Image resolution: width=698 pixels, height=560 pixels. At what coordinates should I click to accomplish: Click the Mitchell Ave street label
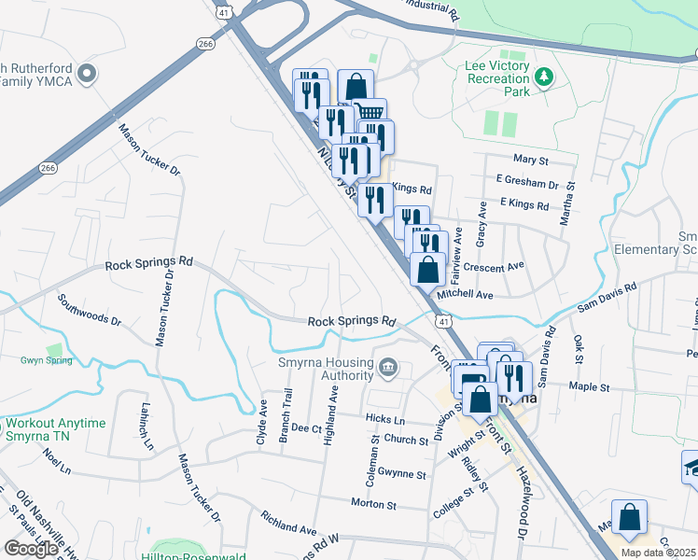465,294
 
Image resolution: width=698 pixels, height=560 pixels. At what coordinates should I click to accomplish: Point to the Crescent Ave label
495,268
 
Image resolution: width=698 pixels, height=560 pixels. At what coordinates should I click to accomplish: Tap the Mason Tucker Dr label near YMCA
147,149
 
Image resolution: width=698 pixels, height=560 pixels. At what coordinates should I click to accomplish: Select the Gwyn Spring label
46,359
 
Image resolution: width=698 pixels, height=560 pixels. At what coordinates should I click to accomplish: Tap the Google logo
30,548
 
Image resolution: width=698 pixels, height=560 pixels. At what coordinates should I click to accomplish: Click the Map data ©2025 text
658,553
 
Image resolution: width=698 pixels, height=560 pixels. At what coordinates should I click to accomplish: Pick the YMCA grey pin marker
87,74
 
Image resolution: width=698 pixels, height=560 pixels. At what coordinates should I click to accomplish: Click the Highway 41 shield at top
223,11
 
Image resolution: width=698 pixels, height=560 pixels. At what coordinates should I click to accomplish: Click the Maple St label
588,386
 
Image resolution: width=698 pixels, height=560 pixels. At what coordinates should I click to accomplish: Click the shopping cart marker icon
370,113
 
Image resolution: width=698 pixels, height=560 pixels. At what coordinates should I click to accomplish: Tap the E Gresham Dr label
527,185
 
